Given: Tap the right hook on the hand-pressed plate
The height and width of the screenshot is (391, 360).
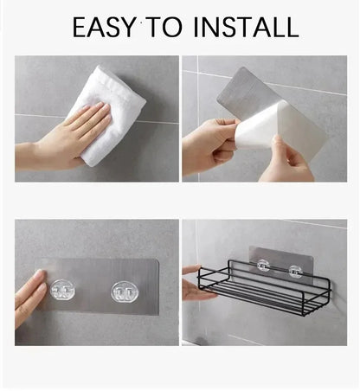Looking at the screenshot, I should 124,292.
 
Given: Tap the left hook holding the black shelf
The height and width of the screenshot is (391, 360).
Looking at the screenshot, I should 262,267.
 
